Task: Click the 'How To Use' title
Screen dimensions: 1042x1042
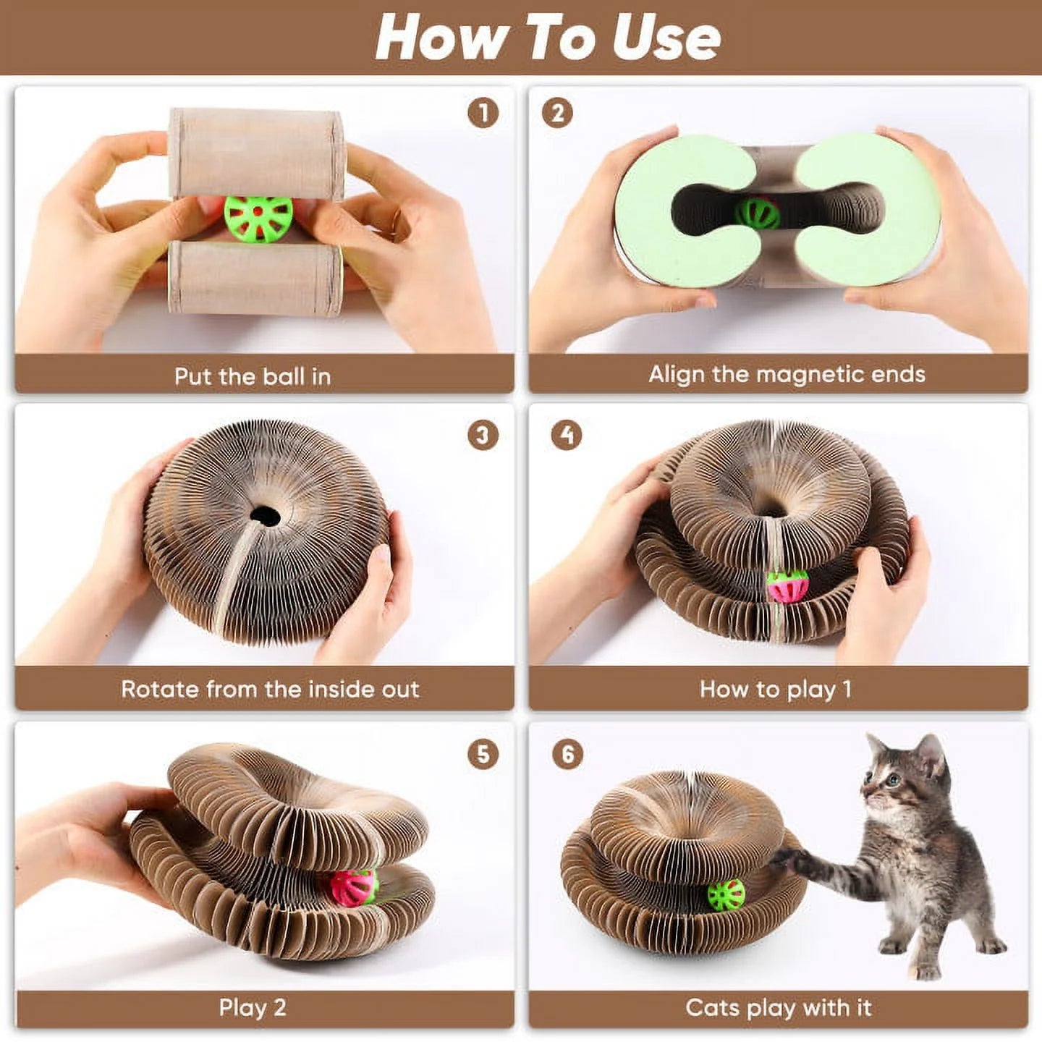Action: [548, 38]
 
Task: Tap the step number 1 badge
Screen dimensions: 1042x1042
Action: [483, 114]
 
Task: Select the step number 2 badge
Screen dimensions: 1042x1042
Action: [557, 114]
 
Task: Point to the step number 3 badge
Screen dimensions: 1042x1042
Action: [483, 436]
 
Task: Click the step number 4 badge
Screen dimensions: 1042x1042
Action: [567, 436]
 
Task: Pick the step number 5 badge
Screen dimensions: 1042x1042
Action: [483, 755]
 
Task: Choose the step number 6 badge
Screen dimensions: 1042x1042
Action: [568, 755]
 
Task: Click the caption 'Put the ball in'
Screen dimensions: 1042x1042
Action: [253, 376]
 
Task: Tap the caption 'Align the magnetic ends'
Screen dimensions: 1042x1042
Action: [787, 374]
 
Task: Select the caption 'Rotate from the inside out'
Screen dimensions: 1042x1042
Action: [270, 689]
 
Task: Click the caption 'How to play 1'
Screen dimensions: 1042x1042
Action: [776, 689]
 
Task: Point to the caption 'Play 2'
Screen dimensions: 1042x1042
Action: [253, 1008]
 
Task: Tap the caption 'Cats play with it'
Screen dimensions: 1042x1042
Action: [779, 1008]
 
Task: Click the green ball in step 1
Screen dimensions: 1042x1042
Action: [258, 219]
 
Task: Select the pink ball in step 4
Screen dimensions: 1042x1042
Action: [787, 586]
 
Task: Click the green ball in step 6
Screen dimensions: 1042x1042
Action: [726, 896]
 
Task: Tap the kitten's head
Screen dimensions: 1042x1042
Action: [905, 778]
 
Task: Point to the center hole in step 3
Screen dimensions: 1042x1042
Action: [265, 516]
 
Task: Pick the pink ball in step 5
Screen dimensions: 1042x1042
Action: [354, 887]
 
